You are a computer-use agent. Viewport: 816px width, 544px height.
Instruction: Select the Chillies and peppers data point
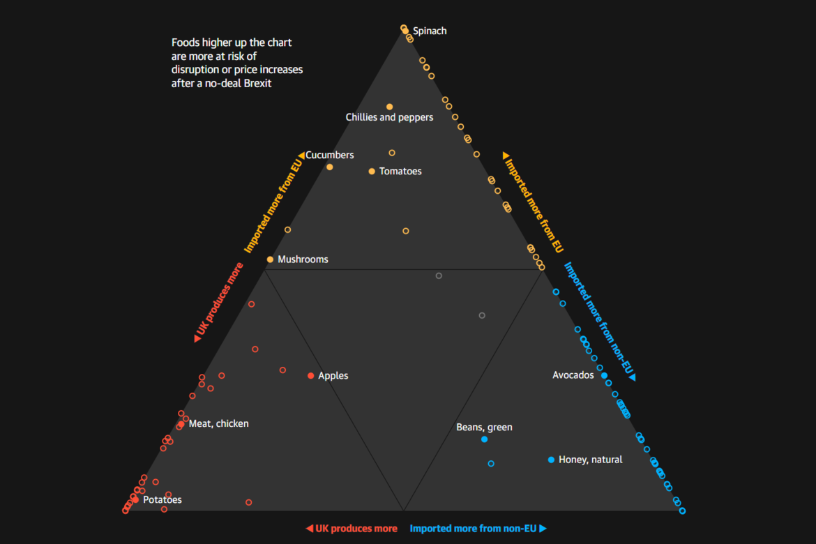pos(390,107)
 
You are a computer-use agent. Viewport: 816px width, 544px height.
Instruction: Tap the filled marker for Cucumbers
pos(330,167)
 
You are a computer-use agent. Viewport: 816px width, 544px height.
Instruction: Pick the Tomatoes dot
pos(372,171)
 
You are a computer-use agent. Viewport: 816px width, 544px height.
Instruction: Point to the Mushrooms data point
pos(270,259)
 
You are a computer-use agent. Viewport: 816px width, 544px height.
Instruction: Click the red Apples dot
pos(311,376)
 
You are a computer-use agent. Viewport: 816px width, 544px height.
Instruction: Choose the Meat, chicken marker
pos(181,424)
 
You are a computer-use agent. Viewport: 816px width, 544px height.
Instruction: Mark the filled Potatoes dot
pos(135,499)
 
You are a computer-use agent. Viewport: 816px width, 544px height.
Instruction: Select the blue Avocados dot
pos(604,375)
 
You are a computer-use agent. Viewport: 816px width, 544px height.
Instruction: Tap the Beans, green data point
pos(484,439)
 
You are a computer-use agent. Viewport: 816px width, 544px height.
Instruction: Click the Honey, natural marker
pos(551,460)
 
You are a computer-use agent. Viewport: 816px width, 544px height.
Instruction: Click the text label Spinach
pos(430,31)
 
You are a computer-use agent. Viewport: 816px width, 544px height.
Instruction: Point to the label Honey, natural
pos(590,460)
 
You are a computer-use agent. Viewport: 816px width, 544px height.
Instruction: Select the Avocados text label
pos(573,375)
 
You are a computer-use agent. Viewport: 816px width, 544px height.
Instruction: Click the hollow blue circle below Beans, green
pos(491,464)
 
